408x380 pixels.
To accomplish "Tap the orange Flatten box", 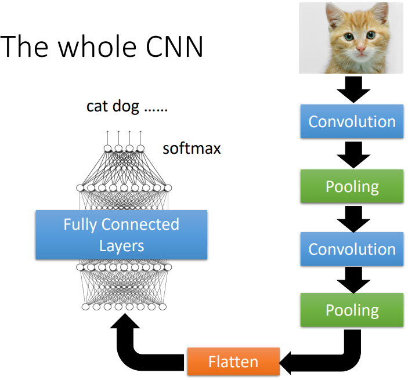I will click(233, 361).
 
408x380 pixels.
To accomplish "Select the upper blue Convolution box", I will click(352, 122).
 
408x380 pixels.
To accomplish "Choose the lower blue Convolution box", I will click(352, 249).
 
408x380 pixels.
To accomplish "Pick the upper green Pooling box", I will click(352, 186).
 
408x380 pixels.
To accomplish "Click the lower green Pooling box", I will click(352, 310).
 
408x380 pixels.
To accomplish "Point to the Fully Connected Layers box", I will click(121, 234).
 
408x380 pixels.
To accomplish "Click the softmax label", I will click(192, 149).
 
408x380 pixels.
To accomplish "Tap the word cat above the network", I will click(97, 106).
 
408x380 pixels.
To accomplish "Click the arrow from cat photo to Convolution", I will click(352, 89).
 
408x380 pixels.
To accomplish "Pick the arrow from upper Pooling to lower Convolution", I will click(352, 218).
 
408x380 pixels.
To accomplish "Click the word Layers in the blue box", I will click(121, 245).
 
